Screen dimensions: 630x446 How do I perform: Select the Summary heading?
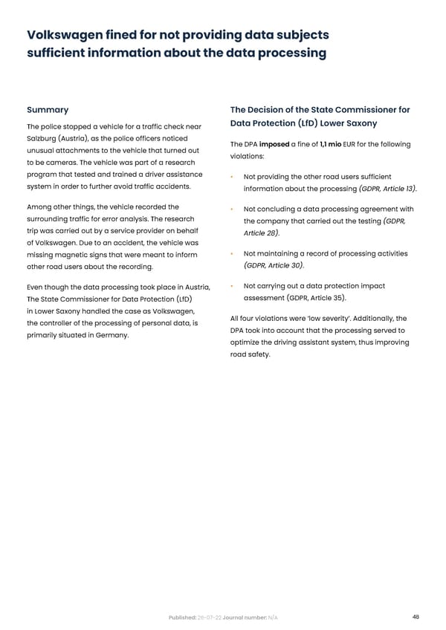(48, 109)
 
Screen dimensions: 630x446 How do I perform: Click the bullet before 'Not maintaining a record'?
(233, 254)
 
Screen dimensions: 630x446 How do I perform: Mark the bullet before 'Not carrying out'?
(233, 286)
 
